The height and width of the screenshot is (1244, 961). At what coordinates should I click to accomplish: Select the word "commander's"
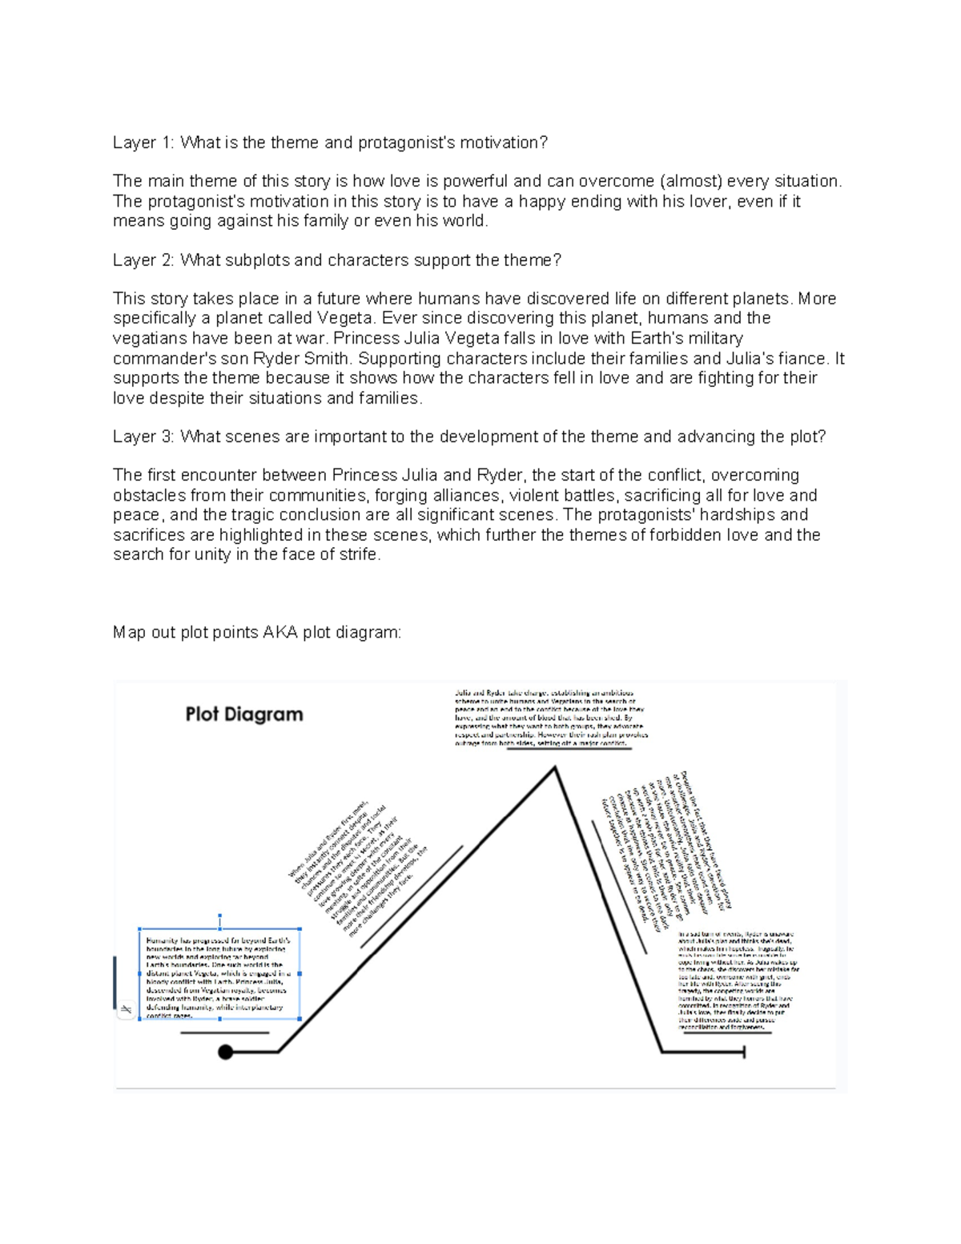point(156,358)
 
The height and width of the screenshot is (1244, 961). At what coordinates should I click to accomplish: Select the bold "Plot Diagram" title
point(244,714)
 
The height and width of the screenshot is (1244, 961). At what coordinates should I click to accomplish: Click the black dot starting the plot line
point(226,1052)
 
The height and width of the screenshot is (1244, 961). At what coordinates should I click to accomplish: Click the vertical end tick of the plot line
point(745,1052)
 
